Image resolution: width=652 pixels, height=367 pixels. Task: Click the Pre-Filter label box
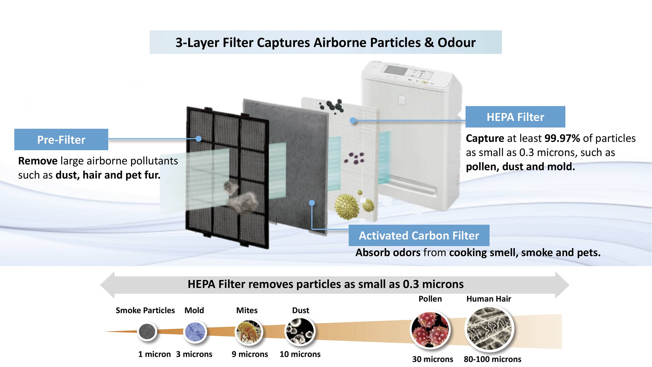pos(61,139)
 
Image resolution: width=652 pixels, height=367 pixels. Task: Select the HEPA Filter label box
pos(515,117)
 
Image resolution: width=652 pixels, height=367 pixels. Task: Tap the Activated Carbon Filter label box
pos(419,235)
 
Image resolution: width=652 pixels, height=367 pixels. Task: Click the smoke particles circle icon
pos(147,331)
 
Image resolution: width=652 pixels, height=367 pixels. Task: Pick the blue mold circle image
pos(195,332)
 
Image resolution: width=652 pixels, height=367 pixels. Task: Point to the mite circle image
pos(249,332)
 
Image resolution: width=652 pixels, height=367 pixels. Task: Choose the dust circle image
pos(300,331)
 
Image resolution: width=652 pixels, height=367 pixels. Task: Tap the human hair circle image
pos(489,329)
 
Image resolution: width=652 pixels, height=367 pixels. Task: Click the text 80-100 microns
pos(492,359)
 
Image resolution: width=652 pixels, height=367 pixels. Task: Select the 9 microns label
pos(249,354)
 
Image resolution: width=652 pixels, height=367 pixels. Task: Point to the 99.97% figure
pos(562,138)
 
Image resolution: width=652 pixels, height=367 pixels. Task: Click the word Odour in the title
pos(456,43)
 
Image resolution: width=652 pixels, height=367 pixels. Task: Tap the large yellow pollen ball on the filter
pos(347,207)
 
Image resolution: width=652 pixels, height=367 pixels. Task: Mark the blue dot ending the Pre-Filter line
pos(199,139)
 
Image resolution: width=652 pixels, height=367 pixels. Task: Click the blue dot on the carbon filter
pos(312,203)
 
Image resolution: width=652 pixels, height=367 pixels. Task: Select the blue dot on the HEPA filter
pos(353,120)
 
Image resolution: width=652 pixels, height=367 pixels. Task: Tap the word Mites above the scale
pos(247,310)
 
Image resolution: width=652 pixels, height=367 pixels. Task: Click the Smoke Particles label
pos(145,310)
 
